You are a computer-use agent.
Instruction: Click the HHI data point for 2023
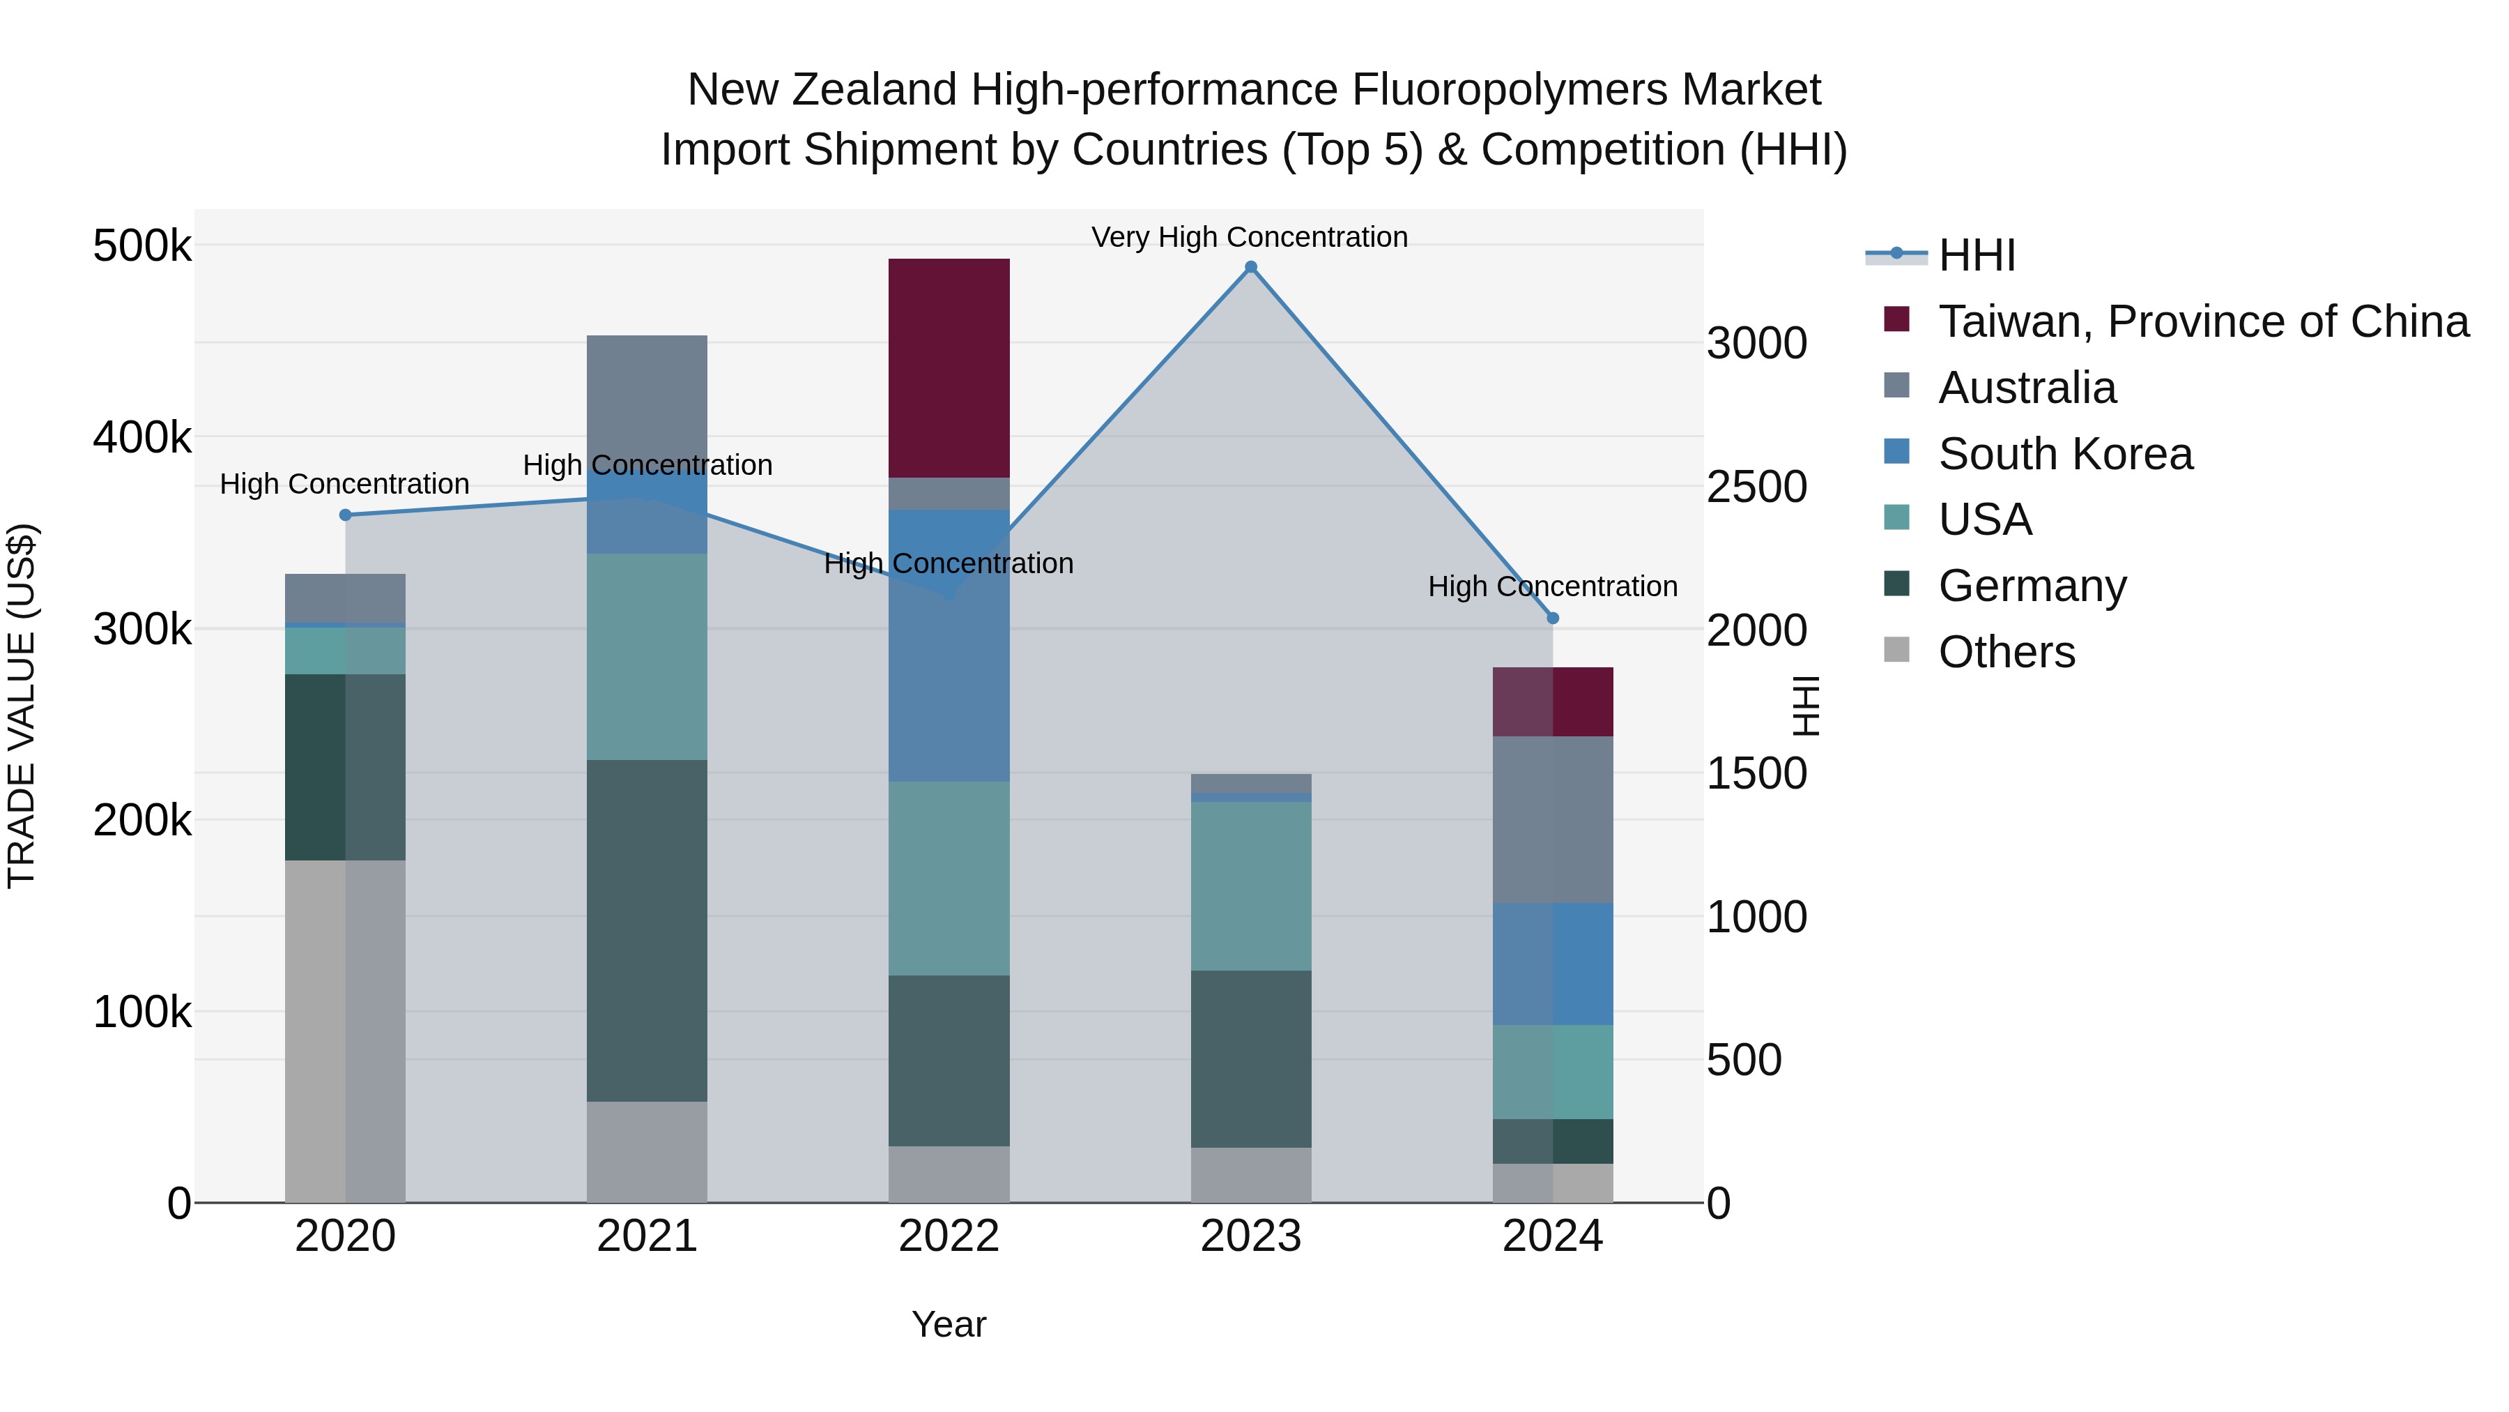coord(1250,267)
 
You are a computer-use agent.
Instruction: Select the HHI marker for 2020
coord(345,515)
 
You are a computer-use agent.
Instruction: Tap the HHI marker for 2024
coord(1553,618)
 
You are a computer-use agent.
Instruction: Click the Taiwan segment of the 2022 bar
coord(949,368)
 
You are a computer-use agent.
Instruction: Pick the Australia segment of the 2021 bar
coord(647,400)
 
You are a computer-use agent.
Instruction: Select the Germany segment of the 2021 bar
coord(647,931)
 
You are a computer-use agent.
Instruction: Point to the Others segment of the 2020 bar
coord(345,1031)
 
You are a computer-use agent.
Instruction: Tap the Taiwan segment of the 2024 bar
coord(1553,701)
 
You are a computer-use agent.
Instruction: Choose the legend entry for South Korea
coord(2065,454)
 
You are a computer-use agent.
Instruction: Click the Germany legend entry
coord(2032,586)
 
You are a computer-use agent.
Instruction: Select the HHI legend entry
coord(1977,255)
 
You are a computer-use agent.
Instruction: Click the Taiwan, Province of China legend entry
coord(2203,321)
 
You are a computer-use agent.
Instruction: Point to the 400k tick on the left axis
coord(142,437)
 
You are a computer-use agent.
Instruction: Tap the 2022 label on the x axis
coord(949,1236)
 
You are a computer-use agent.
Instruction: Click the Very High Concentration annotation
coord(1250,237)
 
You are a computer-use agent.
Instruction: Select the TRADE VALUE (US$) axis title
coord(22,706)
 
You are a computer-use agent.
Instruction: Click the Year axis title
coord(949,1324)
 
